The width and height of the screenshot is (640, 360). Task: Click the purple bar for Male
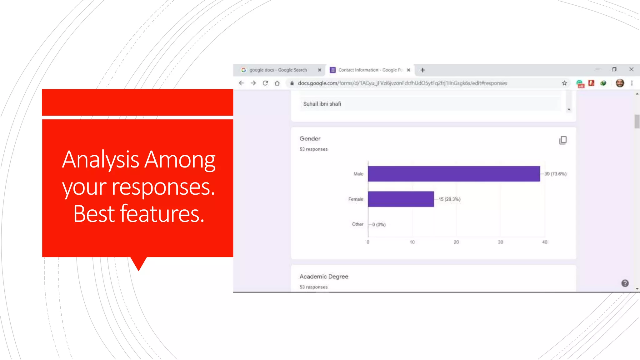click(x=454, y=174)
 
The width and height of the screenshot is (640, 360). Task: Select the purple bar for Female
click(x=401, y=199)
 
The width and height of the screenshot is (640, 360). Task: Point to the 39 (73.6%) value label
click(x=555, y=174)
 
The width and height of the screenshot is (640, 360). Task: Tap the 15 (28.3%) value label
click(x=449, y=199)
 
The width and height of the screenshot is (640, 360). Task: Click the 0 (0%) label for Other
click(x=379, y=224)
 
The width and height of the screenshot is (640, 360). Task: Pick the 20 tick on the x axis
click(x=456, y=242)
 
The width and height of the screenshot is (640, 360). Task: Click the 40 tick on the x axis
click(x=545, y=242)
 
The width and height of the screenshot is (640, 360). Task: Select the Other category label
click(x=357, y=224)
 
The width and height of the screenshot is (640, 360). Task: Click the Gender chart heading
click(x=310, y=138)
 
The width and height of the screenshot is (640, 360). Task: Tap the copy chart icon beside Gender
click(x=563, y=140)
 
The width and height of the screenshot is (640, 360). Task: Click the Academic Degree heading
click(x=324, y=277)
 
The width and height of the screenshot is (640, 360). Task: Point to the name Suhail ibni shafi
click(x=322, y=104)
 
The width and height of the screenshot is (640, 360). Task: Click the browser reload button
click(x=265, y=83)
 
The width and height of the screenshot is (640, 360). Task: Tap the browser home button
click(x=277, y=83)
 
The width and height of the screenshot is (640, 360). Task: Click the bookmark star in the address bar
click(x=564, y=83)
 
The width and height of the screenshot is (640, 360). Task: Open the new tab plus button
click(x=422, y=70)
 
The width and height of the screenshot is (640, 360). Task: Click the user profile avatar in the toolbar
click(x=620, y=83)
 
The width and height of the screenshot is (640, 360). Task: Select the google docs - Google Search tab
click(x=278, y=70)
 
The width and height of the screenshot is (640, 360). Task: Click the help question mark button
click(x=625, y=283)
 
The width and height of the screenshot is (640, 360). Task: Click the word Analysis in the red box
click(x=101, y=159)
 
